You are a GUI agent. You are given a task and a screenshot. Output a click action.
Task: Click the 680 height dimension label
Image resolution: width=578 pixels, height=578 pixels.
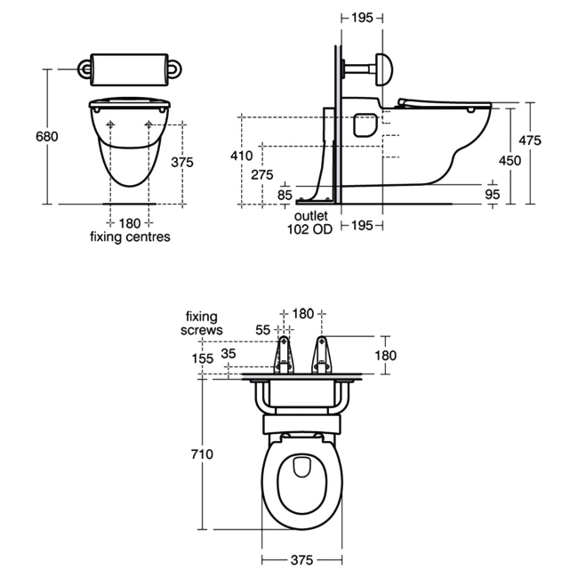click(x=47, y=137)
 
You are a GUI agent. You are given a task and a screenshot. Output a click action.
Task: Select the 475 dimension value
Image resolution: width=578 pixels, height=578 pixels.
click(x=530, y=140)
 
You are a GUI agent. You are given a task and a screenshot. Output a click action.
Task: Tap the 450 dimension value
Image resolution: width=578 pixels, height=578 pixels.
click(x=510, y=160)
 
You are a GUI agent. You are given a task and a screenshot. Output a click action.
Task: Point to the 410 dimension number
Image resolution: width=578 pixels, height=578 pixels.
click(x=242, y=156)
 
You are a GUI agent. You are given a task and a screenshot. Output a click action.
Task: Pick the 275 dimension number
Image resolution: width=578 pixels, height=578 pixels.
click(x=262, y=174)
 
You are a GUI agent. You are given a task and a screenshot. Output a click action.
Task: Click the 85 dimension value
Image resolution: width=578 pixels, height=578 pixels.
click(x=285, y=195)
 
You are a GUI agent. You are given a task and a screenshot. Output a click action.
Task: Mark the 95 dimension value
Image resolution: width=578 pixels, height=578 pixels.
click(x=492, y=194)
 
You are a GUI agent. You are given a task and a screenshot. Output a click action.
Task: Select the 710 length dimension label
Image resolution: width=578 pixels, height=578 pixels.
click(x=202, y=454)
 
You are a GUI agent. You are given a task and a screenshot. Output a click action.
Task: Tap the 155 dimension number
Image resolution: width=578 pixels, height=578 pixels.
click(x=203, y=358)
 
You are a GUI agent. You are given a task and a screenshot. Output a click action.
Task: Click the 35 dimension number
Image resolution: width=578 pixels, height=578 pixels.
click(x=229, y=354)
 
